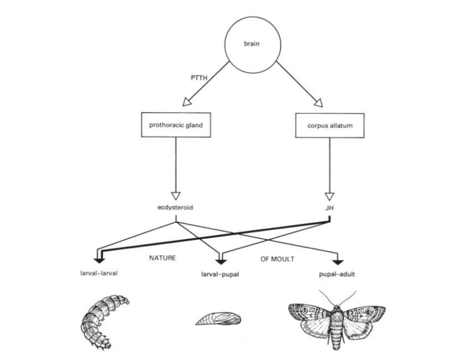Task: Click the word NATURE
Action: click(162, 258)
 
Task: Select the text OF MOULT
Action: click(277, 259)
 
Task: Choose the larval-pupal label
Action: click(220, 274)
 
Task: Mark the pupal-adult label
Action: click(338, 274)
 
